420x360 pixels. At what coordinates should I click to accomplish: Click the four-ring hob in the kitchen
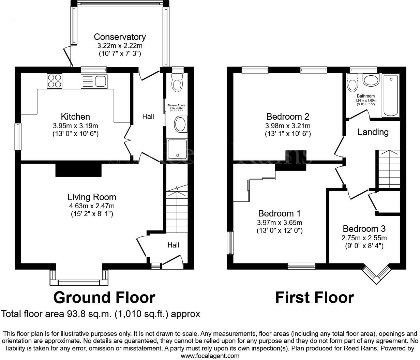[x=54, y=81]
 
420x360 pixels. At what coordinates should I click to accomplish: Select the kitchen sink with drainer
[x=94, y=81]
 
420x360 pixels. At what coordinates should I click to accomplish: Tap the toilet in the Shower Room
[x=177, y=84]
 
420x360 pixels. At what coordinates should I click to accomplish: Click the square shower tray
[x=177, y=149]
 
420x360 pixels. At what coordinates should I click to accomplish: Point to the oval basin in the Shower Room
[x=180, y=124]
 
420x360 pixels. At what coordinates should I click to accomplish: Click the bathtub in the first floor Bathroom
[x=391, y=96]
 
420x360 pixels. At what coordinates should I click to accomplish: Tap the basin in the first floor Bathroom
[x=371, y=80]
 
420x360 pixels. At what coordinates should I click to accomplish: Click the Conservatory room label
[x=120, y=37]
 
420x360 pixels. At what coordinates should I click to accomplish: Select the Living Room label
[x=92, y=197]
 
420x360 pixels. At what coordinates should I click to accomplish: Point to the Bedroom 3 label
[x=364, y=229]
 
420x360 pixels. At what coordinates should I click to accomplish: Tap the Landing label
[x=373, y=132]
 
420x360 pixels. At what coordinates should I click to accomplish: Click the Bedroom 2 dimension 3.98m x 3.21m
[x=288, y=125]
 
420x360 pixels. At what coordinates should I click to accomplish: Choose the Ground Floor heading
[x=104, y=298]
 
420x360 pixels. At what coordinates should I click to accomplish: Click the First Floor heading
[x=314, y=298]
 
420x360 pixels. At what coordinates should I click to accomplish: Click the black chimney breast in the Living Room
[x=78, y=170]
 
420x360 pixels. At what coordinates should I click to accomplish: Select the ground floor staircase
[x=177, y=208]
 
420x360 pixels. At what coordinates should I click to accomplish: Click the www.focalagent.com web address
[x=210, y=356]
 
